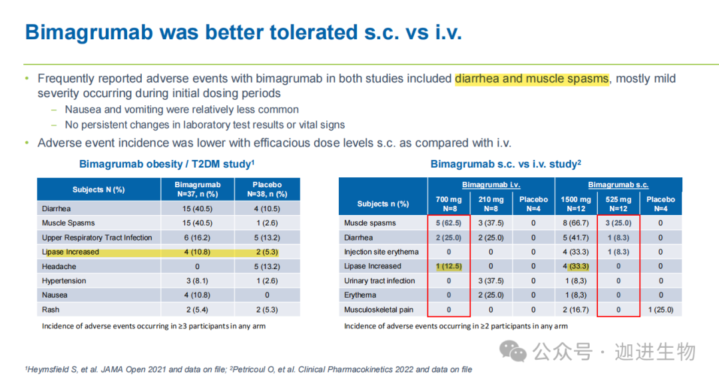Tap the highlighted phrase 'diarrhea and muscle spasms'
(x=532, y=79)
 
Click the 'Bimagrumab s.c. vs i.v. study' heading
(x=506, y=164)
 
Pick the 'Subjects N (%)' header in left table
(x=99, y=189)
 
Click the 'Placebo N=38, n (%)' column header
(x=267, y=189)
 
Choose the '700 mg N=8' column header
(x=449, y=203)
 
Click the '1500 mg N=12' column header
(x=575, y=203)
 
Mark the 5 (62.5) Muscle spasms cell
(x=449, y=223)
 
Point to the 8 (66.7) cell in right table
(x=575, y=223)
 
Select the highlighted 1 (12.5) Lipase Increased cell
(x=449, y=266)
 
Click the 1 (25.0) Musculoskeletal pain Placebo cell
(x=660, y=310)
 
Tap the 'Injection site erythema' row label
(x=381, y=252)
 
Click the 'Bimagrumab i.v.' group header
(x=491, y=185)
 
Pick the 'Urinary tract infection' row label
(x=379, y=280)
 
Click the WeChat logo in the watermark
(x=513, y=350)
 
